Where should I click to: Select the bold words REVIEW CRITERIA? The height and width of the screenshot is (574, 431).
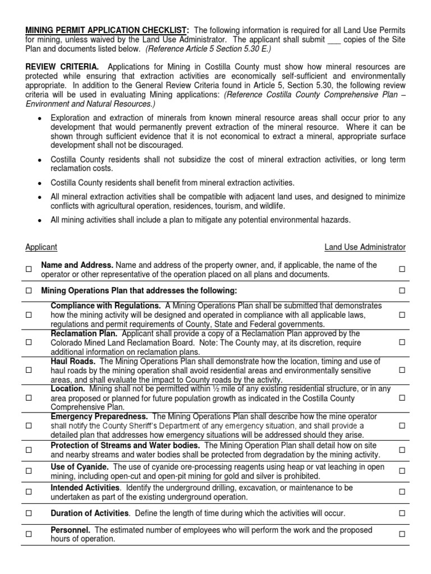[x=62, y=67]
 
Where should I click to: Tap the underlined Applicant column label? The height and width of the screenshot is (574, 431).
[x=41, y=247]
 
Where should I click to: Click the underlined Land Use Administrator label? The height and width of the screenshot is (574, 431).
[x=365, y=247]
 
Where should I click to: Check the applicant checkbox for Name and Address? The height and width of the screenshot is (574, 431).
[x=29, y=270]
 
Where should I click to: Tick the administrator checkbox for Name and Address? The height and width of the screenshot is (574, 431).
[x=402, y=270]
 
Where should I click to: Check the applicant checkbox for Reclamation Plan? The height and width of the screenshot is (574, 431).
[x=29, y=342]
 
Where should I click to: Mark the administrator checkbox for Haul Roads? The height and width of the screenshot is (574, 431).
[x=402, y=370]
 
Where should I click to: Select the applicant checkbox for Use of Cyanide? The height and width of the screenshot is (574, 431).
[x=29, y=471]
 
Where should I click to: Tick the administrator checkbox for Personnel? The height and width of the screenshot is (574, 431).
[x=402, y=534]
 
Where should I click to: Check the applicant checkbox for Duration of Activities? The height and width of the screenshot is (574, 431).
[x=29, y=513]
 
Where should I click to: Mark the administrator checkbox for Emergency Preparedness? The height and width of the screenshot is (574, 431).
[x=402, y=426]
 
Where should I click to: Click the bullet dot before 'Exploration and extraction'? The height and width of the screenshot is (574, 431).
[x=39, y=118]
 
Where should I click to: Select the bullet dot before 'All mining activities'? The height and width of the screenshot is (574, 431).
[x=39, y=220]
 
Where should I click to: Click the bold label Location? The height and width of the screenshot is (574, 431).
[x=68, y=388]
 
